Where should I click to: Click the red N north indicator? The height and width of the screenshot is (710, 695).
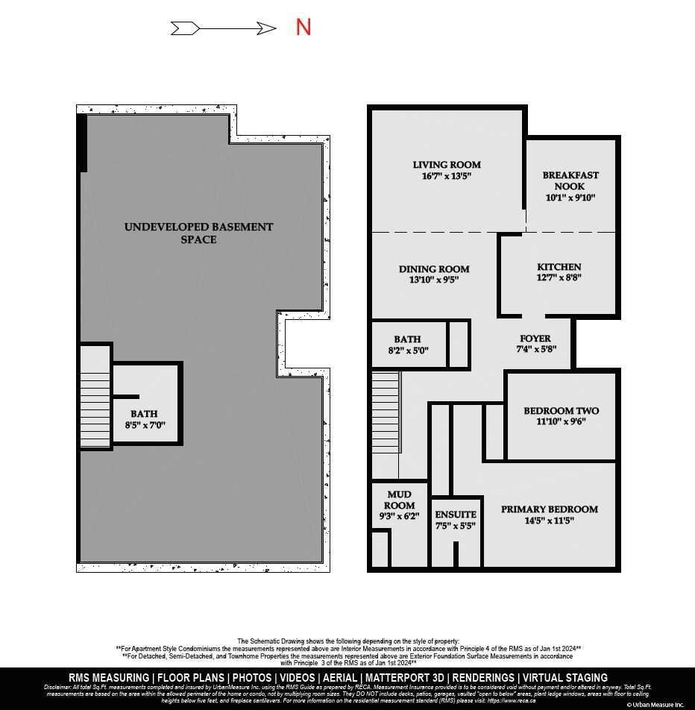303,28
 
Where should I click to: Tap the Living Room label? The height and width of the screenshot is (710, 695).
447,165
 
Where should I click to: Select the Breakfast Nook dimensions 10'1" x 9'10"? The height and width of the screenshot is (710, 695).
570,198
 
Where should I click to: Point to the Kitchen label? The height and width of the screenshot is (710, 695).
559,267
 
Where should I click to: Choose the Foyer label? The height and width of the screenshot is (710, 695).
535,339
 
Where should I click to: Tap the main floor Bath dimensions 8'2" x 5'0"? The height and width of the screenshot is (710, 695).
407,351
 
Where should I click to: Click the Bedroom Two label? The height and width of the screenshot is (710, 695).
561,411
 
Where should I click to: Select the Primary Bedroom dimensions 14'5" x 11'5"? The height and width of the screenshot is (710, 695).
549,521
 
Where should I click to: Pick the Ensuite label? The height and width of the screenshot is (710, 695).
455,515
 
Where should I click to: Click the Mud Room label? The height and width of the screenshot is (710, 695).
400,500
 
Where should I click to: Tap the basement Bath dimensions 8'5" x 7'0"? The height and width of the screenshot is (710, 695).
145,425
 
